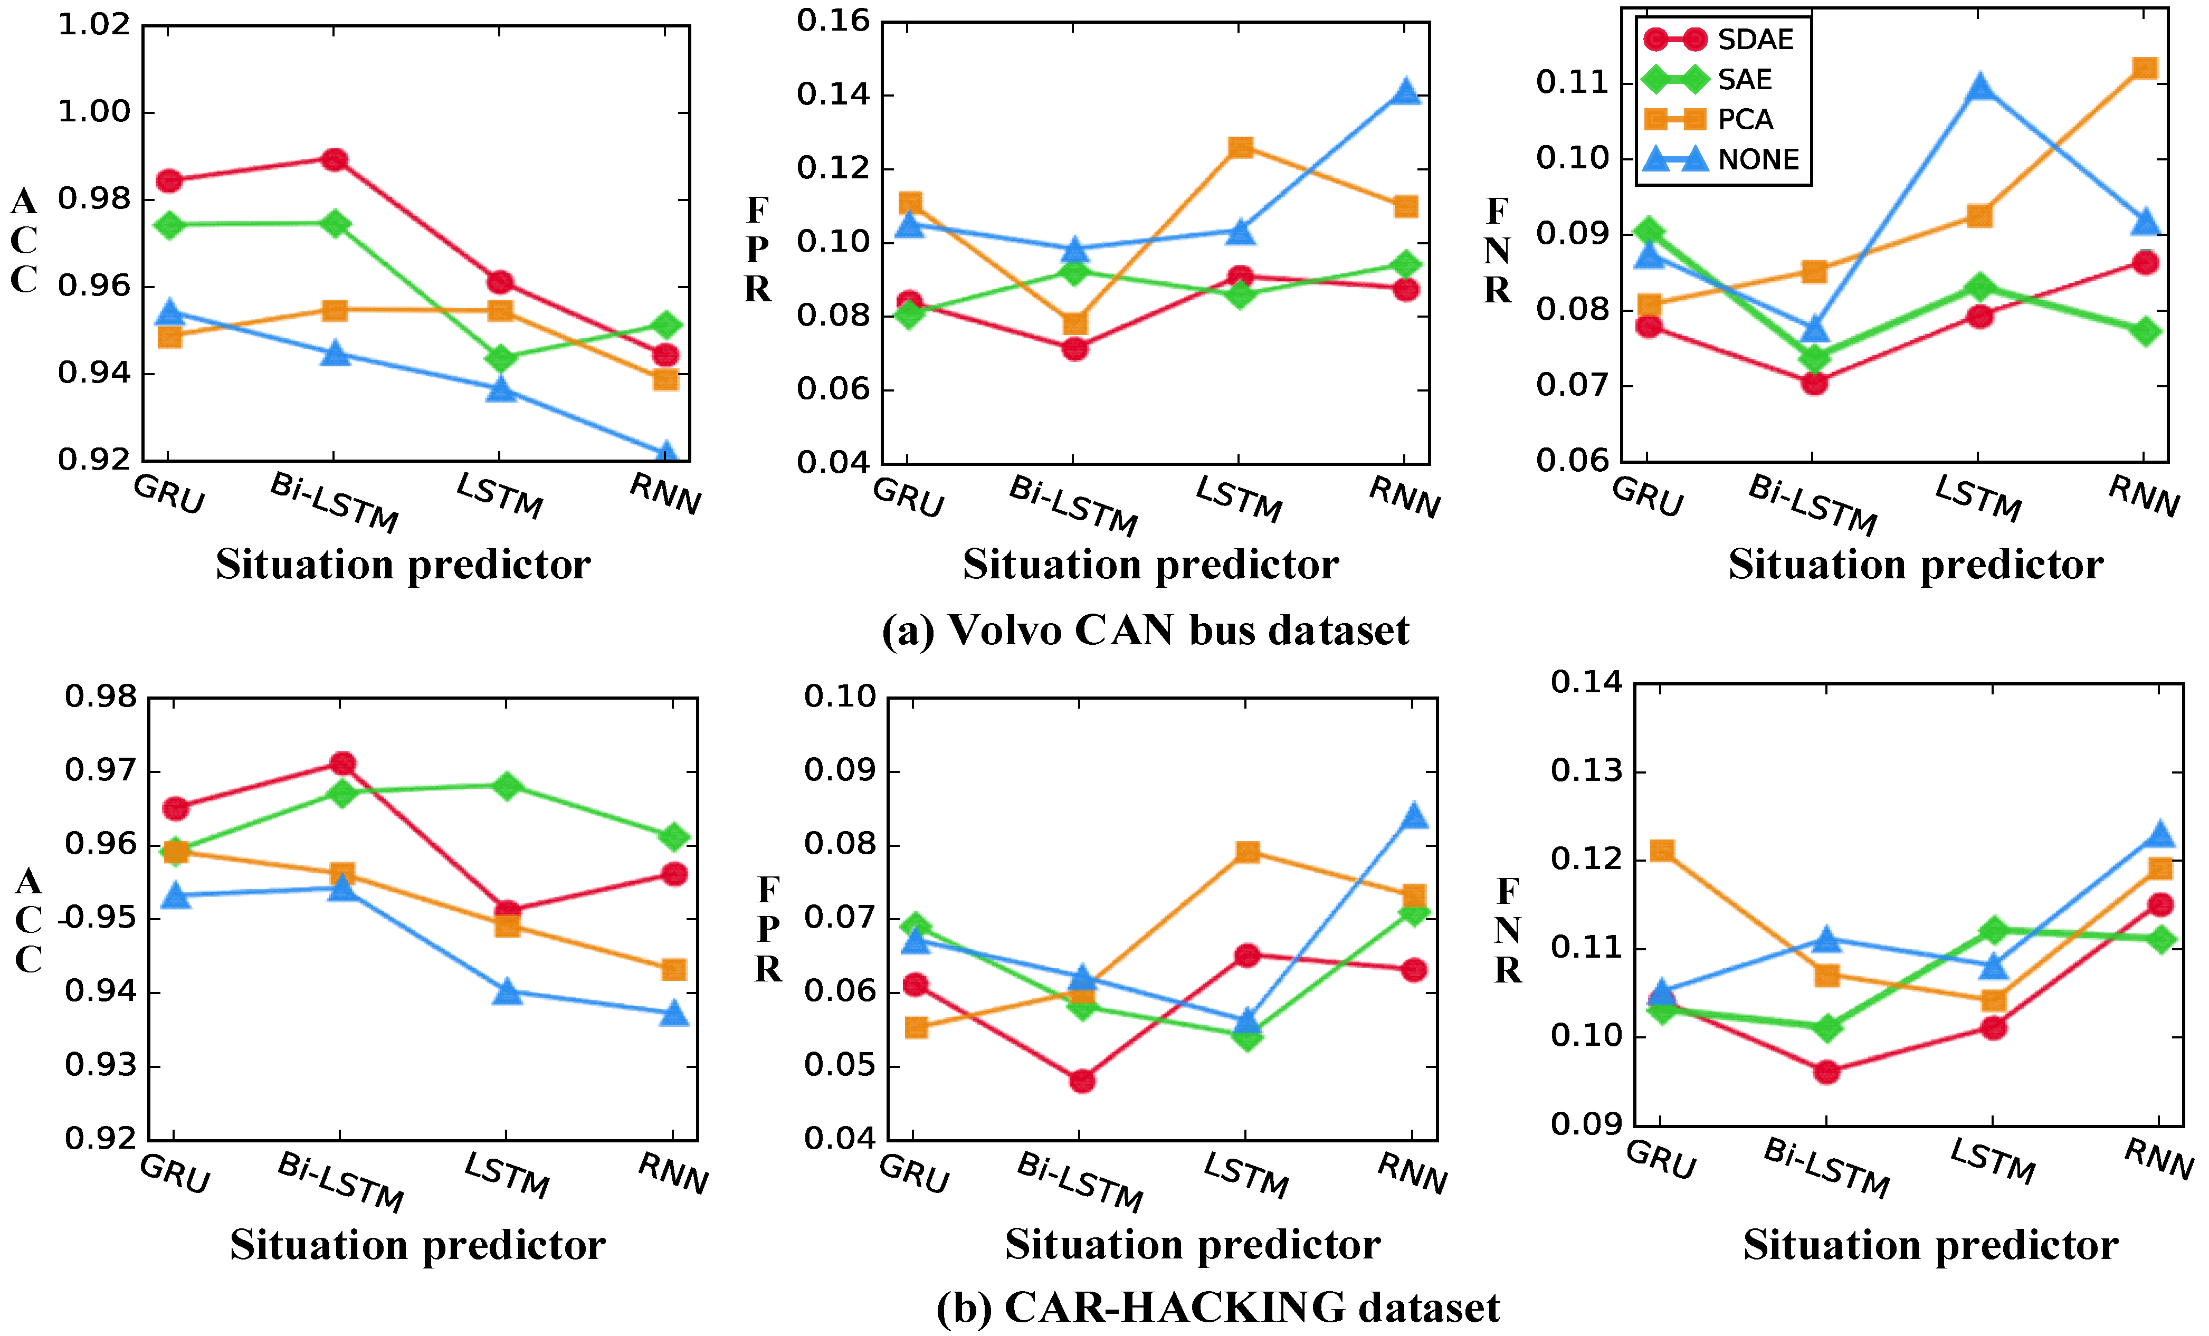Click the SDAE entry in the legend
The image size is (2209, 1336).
coord(1755,40)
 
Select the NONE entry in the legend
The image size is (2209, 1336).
coord(1758,159)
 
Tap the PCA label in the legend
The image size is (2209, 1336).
coord(1745,119)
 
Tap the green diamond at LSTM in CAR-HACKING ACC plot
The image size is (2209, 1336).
coord(508,786)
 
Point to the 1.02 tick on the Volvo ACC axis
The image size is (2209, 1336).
coord(94,25)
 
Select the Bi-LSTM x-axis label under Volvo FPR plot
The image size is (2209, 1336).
coord(1073,505)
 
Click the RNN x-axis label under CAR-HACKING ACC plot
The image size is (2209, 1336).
coord(672,1173)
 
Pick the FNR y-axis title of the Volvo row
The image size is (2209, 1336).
coord(1496,251)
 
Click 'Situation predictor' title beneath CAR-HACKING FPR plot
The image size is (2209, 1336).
coord(1192,1245)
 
